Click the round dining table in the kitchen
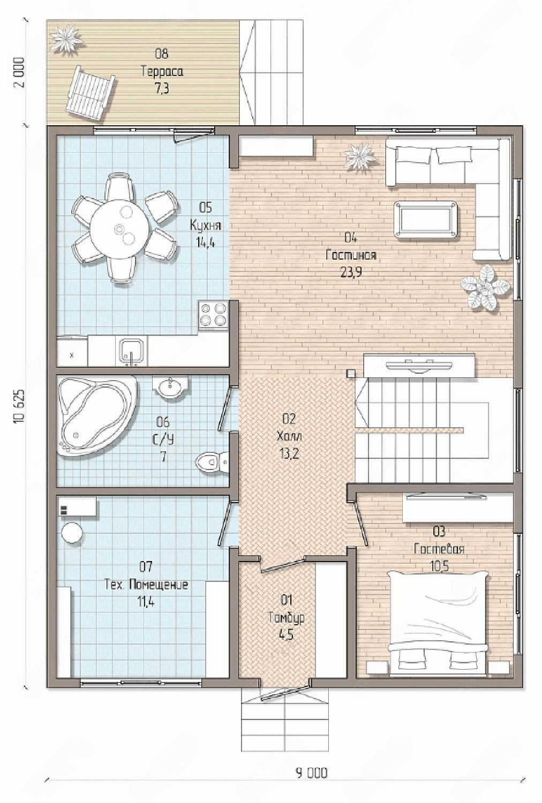coord(119,229)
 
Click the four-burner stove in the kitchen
coord(214,315)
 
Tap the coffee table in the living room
coord(426,219)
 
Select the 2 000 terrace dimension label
coord(20,72)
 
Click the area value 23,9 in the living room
coord(350,272)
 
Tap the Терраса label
coord(162,72)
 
